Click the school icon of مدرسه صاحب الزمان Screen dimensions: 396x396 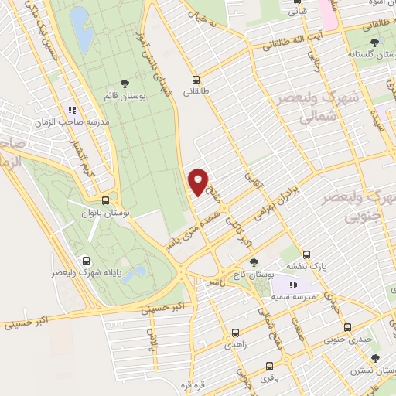pos(72,110)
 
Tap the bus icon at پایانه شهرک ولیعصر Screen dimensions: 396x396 pos(85,261)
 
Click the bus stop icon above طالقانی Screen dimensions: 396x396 pos(196,78)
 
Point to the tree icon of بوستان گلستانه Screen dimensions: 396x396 pos(374,43)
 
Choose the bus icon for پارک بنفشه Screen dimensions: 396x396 pos(307,254)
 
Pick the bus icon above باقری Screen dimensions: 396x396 pos(268,366)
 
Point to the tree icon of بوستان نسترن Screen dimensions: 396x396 pos(375,358)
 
